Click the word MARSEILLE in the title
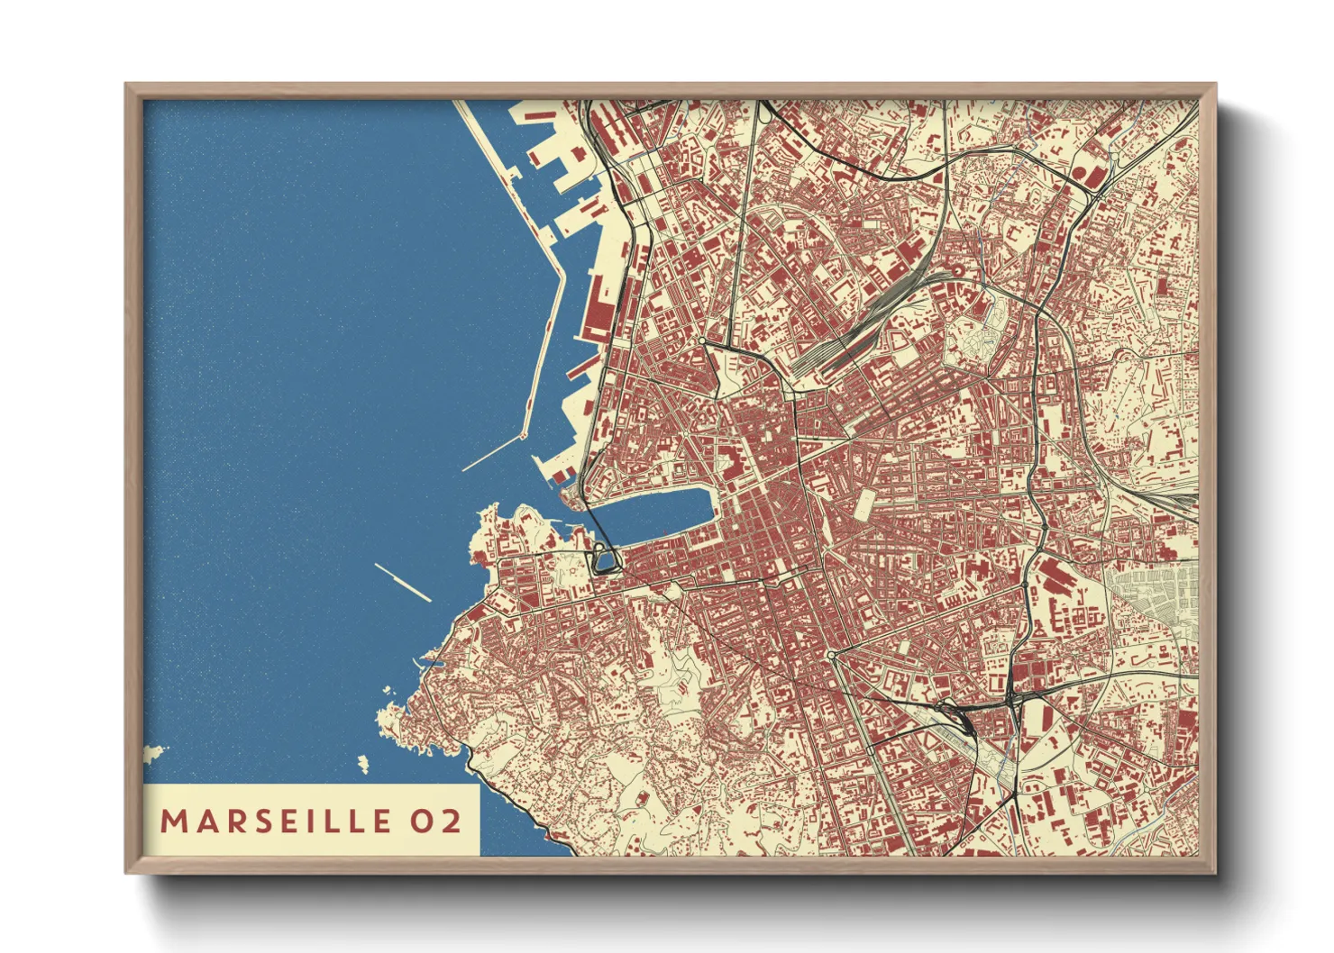pyautogui.click(x=276, y=821)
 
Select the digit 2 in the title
pyautogui.click(x=450, y=821)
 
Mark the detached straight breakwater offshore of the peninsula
pyautogui.click(x=402, y=582)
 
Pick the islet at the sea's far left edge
pyautogui.click(x=153, y=751)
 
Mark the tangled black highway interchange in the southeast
pyautogui.click(x=955, y=712)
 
